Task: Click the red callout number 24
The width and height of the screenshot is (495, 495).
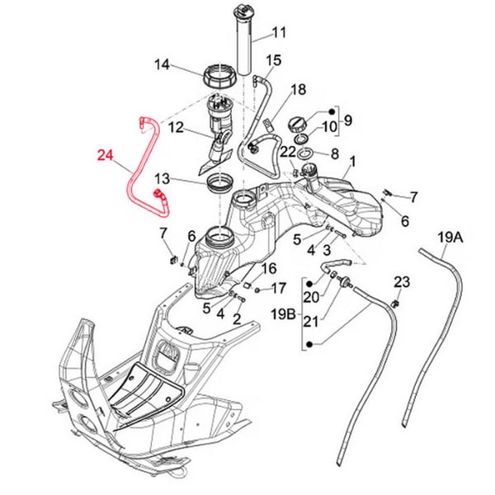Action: (x=108, y=154)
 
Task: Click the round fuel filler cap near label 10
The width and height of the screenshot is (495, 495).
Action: (x=298, y=124)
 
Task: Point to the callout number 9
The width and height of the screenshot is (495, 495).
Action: (x=348, y=120)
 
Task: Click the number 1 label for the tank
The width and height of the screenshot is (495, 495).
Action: (x=354, y=160)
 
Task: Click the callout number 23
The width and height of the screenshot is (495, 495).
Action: (x=401, y=281)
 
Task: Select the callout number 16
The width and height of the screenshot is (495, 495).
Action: (x=270, y=269)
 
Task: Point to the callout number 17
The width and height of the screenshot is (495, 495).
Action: (x=278, y=288)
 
